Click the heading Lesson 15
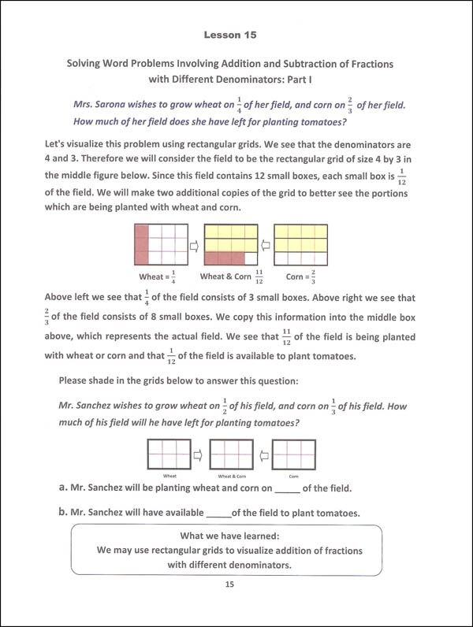(x=230, y=35)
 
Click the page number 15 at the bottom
(x=230, y=584)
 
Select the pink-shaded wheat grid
(x=161, y=245)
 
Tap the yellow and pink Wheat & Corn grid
(x=232, y=245)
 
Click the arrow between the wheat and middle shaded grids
(x=196, y=246)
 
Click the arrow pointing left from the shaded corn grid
(x=267, y=246)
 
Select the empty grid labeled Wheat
(x=168, y=455)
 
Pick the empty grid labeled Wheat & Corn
(x=231, y=455)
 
